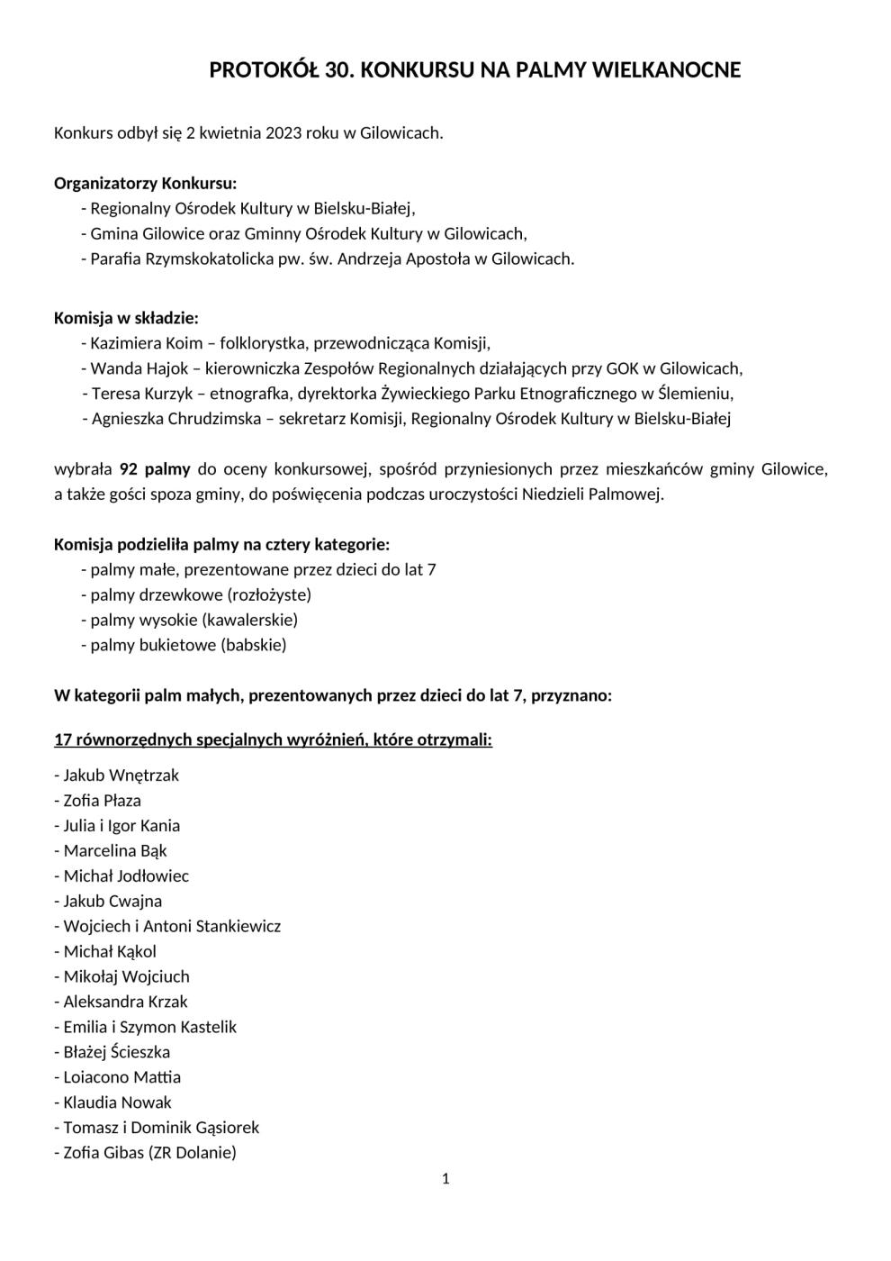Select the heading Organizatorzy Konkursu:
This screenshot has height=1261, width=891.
145,184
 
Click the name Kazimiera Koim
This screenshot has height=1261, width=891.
147,343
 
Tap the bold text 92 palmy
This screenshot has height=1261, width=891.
155,469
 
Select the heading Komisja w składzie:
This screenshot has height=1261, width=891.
126,318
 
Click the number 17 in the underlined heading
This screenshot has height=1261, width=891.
62,740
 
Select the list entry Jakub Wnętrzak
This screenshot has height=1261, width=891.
121,776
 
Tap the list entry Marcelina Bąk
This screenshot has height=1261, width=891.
115,851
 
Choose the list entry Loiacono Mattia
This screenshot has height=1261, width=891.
121,1077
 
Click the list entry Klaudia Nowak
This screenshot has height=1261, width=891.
117,1102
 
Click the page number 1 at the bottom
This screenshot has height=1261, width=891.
445,1179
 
